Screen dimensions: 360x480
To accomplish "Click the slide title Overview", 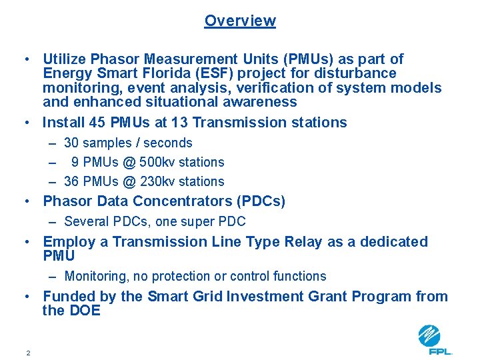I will coord(240,21).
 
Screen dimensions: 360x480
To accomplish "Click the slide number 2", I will coord(28,353).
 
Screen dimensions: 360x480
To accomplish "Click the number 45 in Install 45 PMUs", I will coord(102,123).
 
